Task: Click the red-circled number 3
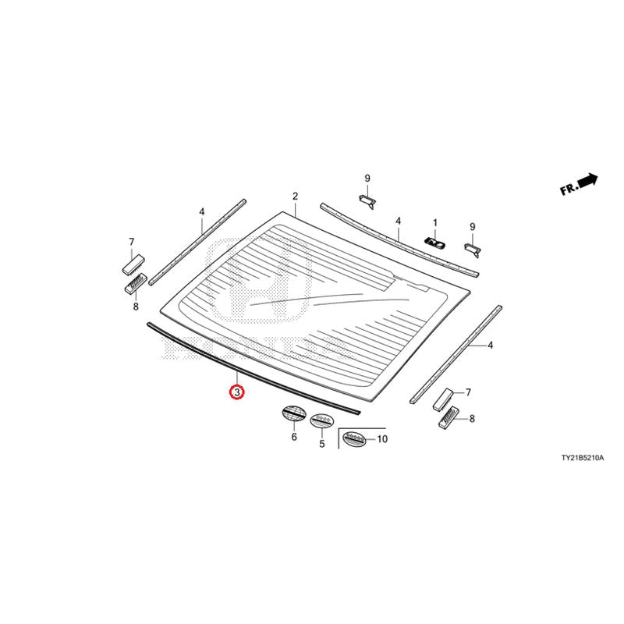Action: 237,392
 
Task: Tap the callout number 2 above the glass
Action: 295,197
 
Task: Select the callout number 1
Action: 435,223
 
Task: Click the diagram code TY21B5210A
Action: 582,458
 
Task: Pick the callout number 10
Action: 381,439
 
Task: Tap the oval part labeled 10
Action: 354,439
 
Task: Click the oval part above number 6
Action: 294,413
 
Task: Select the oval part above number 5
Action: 321,420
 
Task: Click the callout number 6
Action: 294,437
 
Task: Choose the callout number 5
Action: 322,443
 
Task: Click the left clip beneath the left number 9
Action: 367,201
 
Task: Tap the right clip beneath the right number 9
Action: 473,250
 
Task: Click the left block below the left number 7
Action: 133,264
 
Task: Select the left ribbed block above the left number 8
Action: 136,283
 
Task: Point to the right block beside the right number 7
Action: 444,400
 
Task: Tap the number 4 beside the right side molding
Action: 491,346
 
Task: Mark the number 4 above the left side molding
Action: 202,211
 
